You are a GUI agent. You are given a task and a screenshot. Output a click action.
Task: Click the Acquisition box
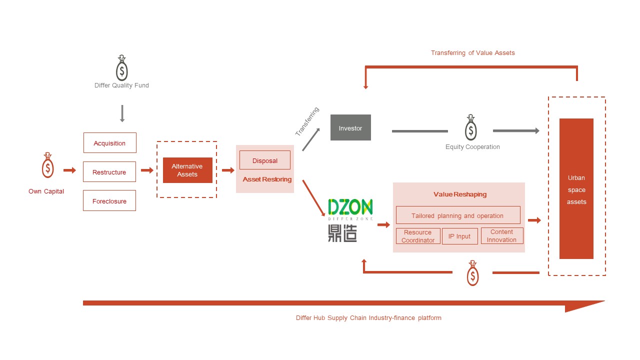click(109, 143)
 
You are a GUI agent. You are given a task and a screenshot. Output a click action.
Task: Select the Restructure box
click(109, 172)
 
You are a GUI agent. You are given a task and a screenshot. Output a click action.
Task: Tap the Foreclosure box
click(109, 201)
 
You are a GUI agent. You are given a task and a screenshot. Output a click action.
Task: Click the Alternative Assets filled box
click(187, 170)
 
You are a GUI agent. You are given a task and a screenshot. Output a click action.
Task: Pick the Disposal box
click(265, 160)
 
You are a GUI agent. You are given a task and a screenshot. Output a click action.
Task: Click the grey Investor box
click(350, 128)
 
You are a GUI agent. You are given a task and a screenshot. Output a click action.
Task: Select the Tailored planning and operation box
click(458, 215)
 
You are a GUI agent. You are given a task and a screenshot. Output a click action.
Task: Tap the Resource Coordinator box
click(418, 236)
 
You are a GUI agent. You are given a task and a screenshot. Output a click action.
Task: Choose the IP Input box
click(459, 236)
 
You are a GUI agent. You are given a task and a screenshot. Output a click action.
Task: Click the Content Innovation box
click(502, 236)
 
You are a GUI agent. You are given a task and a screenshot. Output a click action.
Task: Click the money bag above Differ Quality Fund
click(122, 68)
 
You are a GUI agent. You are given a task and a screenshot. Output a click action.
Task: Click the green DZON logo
click(350, 207)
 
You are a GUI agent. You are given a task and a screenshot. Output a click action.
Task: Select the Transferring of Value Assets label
click(472, 53)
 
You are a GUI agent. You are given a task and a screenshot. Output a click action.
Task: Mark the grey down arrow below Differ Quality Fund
click(122, 113)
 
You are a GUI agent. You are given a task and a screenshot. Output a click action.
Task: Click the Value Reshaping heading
click(459, 194)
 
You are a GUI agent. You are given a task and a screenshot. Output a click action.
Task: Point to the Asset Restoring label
click(267, 179)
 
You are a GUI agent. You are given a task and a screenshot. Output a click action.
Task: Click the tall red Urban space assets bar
click(576, 189)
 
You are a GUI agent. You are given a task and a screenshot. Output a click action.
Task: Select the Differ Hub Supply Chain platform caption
click(368, 318)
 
